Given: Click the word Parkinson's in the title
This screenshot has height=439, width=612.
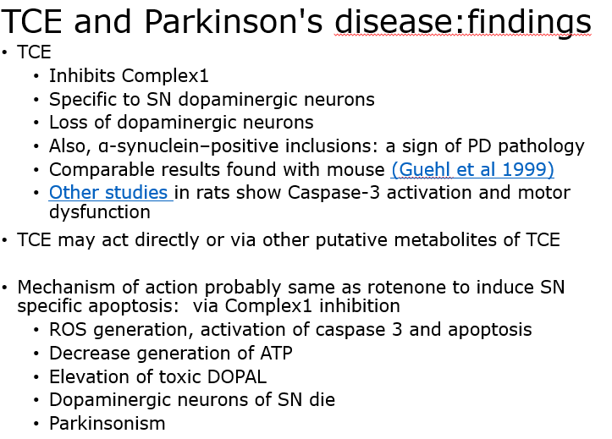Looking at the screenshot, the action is click(234, 21).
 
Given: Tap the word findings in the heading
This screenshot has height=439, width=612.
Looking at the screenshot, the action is click(529, 23).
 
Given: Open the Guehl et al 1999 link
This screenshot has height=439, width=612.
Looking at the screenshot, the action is click(472, 170).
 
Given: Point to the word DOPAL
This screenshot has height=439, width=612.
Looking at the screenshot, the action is click(237, 376).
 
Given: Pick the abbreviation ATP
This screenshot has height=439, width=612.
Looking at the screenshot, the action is click(276, 354).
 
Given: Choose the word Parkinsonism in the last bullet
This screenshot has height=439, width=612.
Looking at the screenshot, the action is click(108, 424).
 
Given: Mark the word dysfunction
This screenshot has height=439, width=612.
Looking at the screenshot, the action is click(100, 212).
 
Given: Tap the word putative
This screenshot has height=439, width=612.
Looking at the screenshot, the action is click(351, 240).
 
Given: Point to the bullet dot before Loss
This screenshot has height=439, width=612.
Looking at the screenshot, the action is click(36, 123).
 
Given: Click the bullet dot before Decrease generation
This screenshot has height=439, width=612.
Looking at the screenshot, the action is click(36, 354).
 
